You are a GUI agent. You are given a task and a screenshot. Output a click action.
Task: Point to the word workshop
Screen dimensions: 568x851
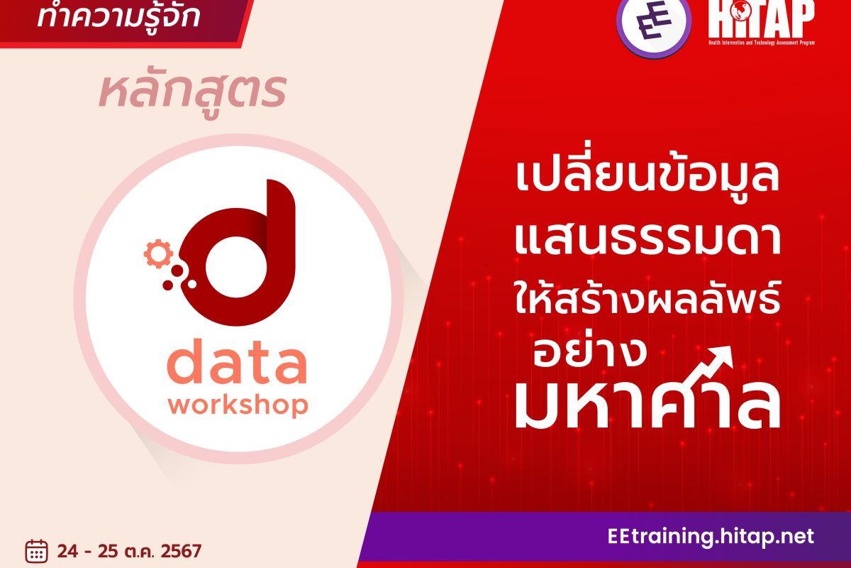[x=238, y=405]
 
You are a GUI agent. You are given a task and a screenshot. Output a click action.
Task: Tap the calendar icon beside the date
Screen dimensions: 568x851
[x=36, y=550]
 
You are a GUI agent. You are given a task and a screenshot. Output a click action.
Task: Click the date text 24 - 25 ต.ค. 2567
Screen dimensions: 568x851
[x=130, y=551]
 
